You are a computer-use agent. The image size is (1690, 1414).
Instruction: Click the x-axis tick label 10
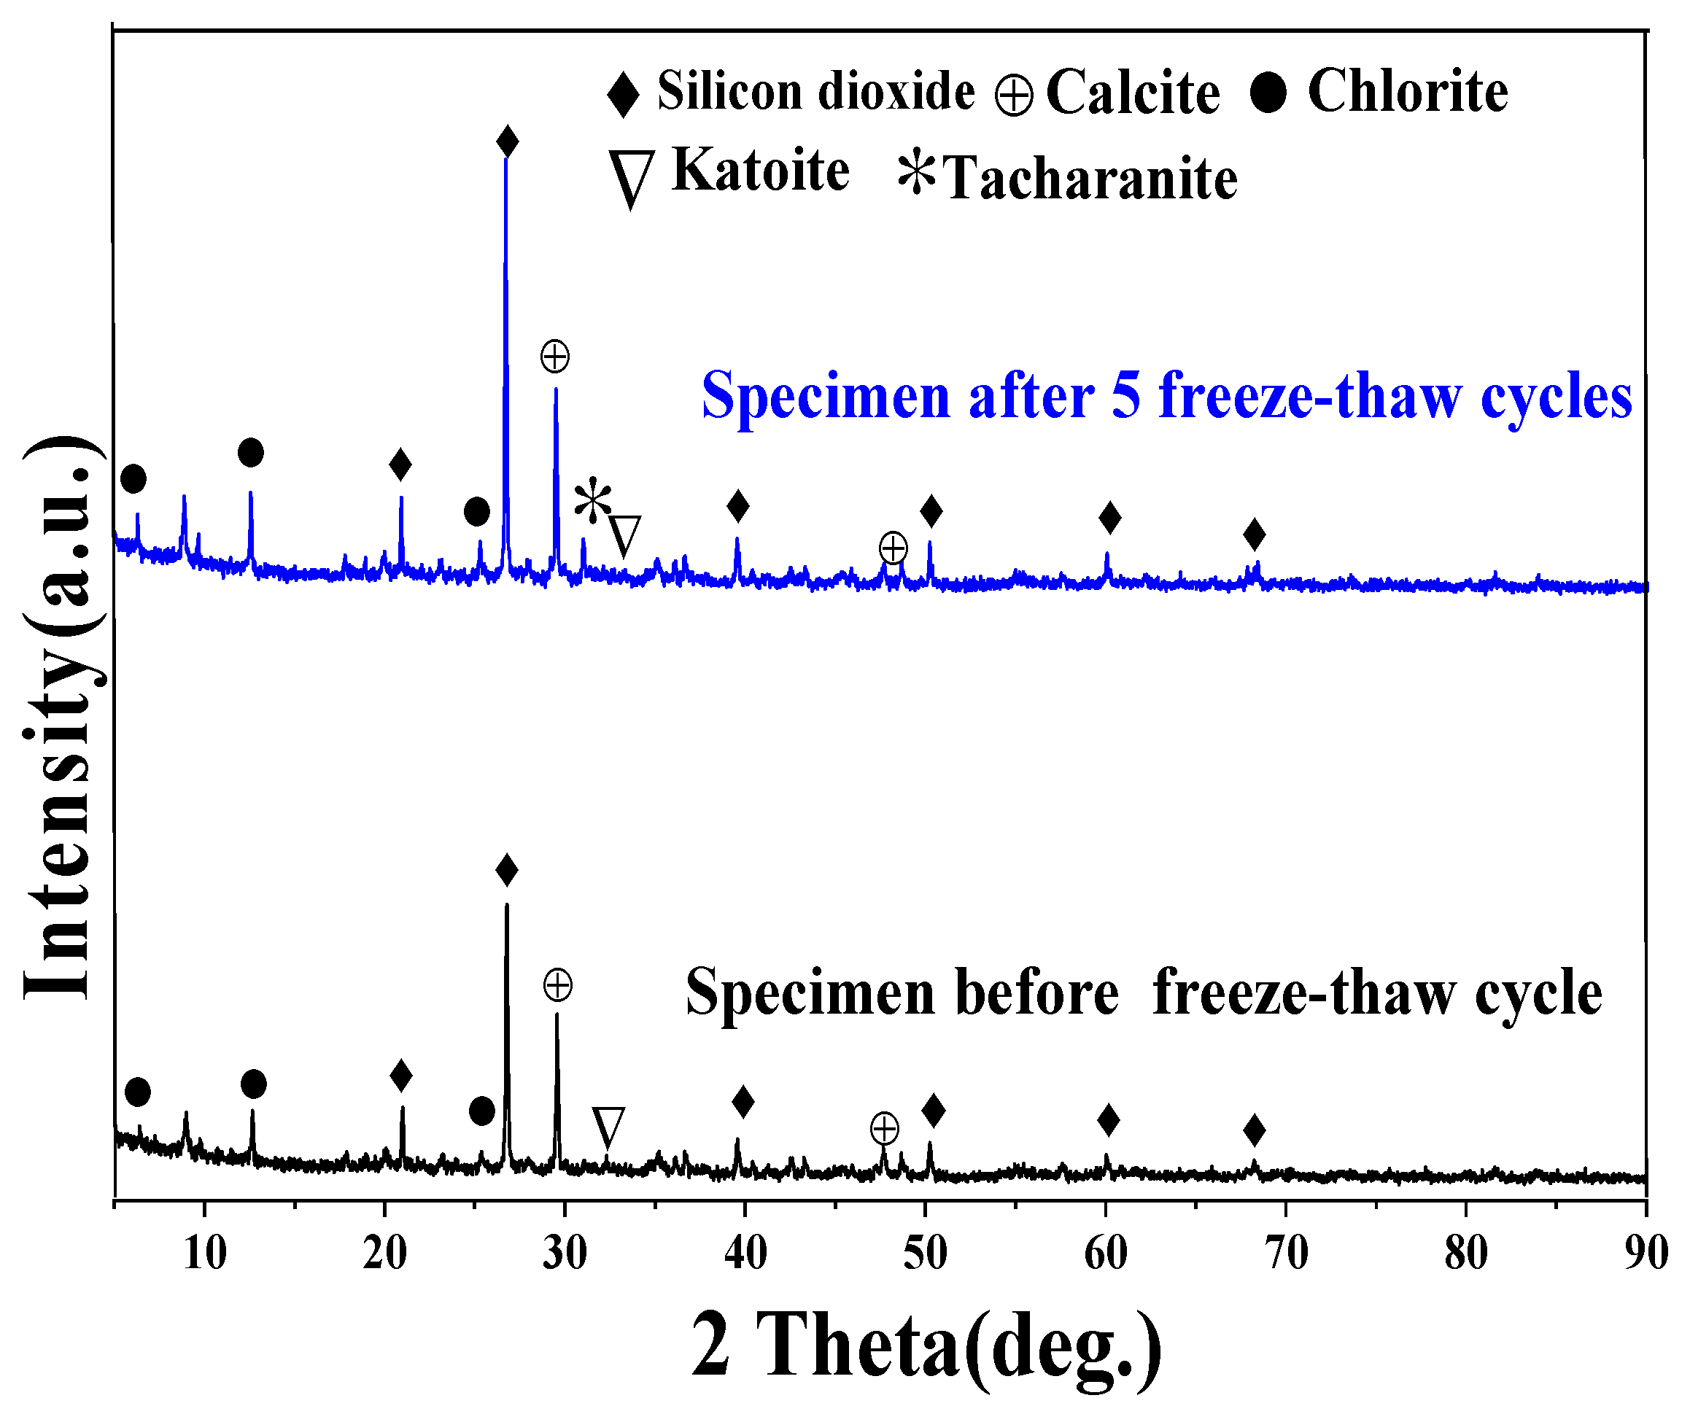click(x=204, y=1253)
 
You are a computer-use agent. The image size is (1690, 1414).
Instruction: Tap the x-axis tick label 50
click(x=926, y=1253)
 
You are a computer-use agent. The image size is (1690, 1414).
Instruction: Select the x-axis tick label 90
click(x=1645, y=1253)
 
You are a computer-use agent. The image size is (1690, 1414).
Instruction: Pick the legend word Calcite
click(x=1132, y=93)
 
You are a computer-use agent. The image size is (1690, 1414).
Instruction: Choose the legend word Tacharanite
click(x=1090, y=178)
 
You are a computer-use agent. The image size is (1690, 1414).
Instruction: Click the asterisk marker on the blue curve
click(x=593, y=500)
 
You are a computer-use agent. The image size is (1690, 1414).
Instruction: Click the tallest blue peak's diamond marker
click(x=507, y=141)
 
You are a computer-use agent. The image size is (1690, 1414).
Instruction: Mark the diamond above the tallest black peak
click(x=506, y=870)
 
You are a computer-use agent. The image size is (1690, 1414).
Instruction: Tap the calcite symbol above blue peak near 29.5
click(x=555, y=356)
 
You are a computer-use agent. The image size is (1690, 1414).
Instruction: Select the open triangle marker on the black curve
click(x=608, y=1127)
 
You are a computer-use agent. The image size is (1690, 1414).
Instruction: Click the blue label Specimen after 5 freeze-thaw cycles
click(x=1166, y=395)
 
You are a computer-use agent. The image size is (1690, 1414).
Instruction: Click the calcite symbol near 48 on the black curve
click(x=885, y=1128)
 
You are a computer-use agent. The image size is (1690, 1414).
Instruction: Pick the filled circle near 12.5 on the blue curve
click(x=251, y=452)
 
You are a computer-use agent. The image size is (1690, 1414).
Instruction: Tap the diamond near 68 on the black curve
click(x=1254, y=1130)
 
